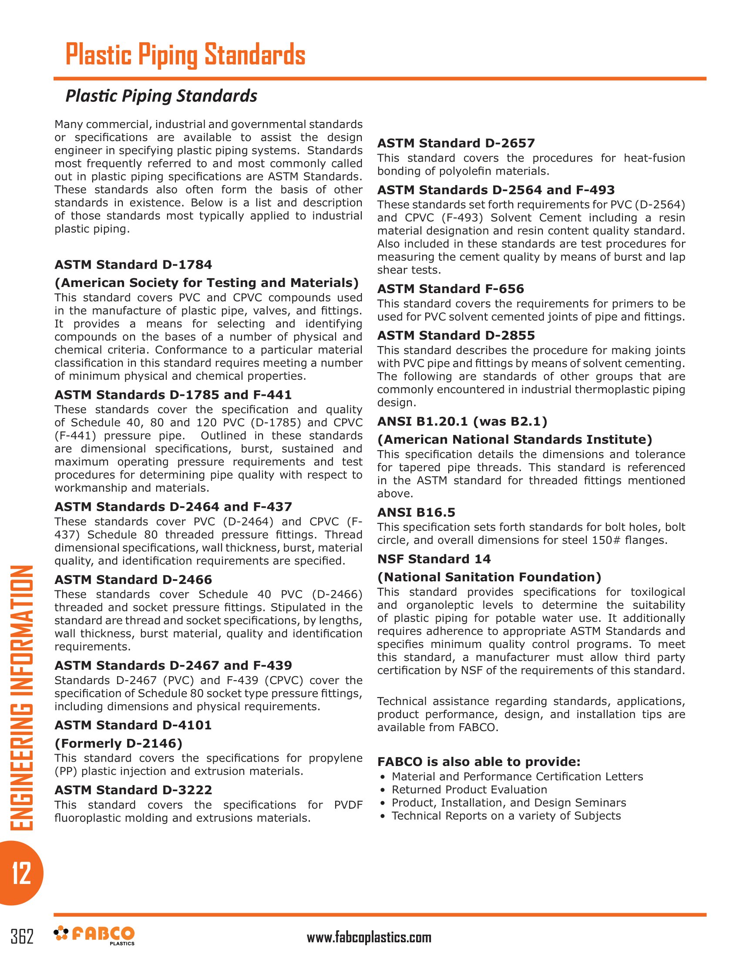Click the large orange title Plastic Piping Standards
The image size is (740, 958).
point(185,55)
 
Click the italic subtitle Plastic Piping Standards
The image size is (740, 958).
point(161,96)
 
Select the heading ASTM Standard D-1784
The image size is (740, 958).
point(133,265)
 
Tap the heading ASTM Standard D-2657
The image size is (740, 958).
point(456,143)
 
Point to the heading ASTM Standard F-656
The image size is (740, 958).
point(451,289)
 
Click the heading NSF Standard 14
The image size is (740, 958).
point(434,559)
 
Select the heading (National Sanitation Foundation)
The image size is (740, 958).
point(489,577)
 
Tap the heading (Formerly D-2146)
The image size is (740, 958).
point(118,743)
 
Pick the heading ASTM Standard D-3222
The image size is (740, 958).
point(133,790)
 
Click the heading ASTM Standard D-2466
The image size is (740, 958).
point(133,580)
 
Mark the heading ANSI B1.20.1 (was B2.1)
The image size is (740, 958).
point(462,422)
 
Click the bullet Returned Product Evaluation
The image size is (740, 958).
point(469,789)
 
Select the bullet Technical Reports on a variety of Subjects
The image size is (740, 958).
point(506,816)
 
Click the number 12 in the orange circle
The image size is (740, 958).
point(21,873)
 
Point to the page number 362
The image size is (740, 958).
point(22,936)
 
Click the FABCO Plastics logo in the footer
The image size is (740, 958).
point(94,935)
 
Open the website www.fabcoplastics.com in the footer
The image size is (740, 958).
point(369,938)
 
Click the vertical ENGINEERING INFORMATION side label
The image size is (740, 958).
point(21,698)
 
